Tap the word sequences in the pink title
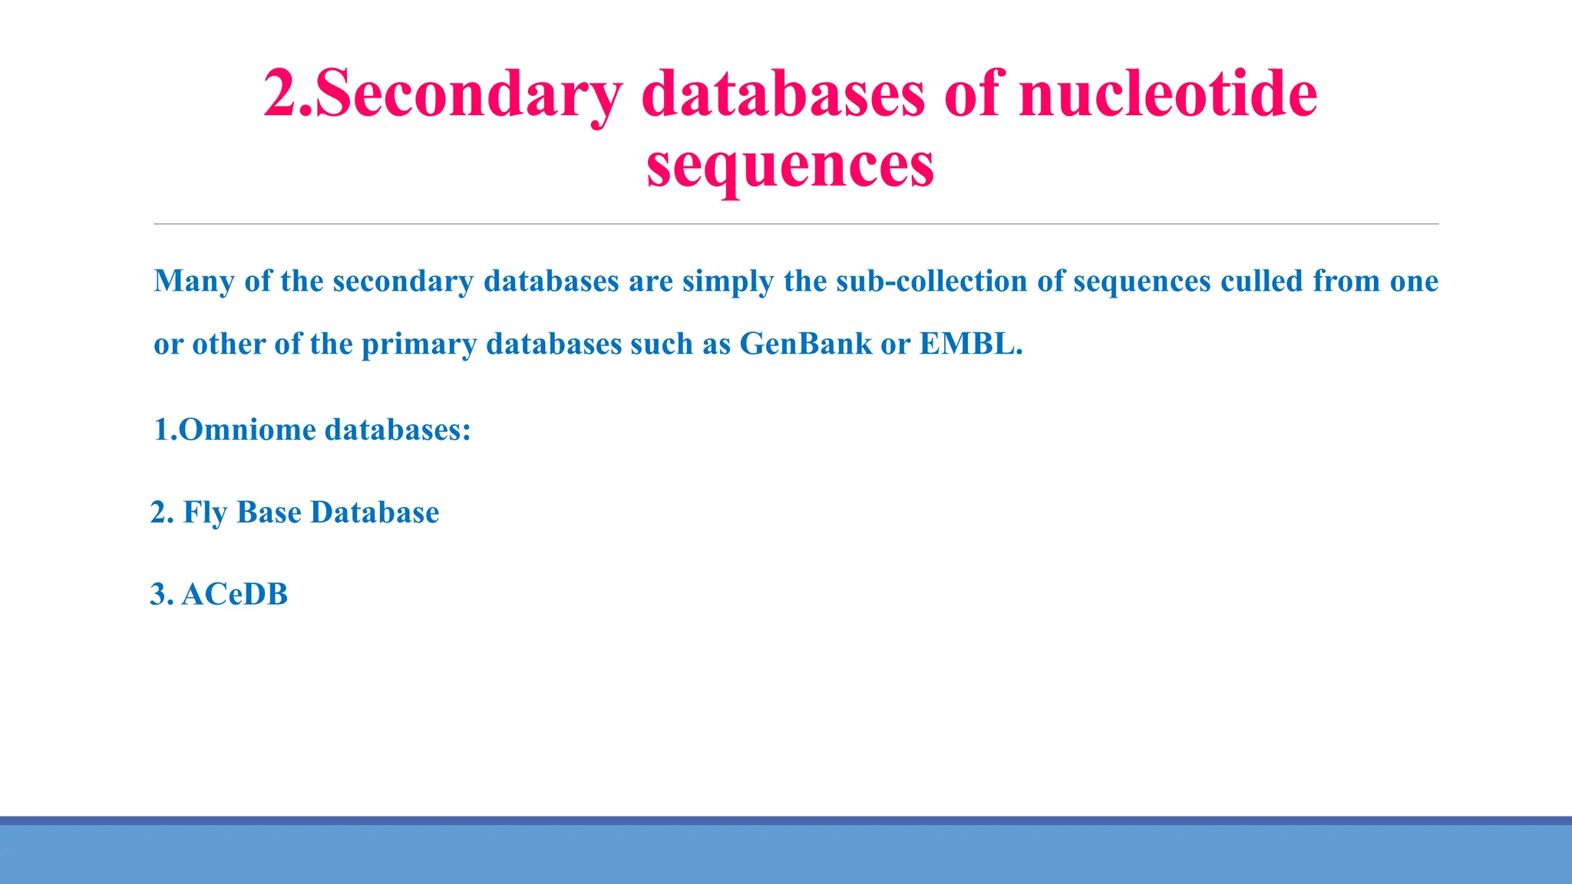(790, 166)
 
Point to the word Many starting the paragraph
(194, 282)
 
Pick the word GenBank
(806, 345)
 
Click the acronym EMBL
(970, 345)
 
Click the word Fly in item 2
(205, 513)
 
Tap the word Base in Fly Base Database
(269, 513)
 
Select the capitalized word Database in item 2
(375, 513)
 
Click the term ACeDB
(235, 595)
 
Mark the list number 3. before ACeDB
(162, 595)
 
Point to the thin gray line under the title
(796, 224)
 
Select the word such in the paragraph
(661, 345)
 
